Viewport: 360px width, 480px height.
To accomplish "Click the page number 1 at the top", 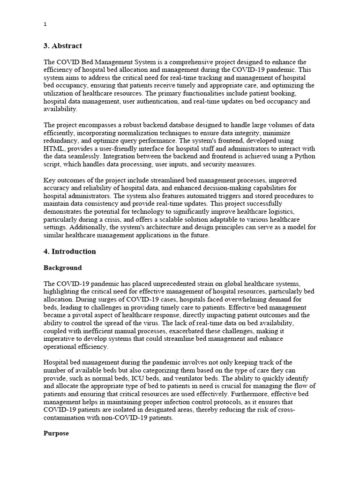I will (x=45, y=25).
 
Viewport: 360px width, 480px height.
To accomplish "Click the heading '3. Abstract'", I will (x=62, y=46).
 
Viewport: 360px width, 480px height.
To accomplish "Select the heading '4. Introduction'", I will (x=69, y=252).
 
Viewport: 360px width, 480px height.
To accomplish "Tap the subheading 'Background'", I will (x=62, y=268).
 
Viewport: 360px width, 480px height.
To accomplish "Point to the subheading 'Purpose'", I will (x=56, y=434).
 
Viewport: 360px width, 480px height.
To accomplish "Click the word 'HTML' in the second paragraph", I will (x=53, y=149).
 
